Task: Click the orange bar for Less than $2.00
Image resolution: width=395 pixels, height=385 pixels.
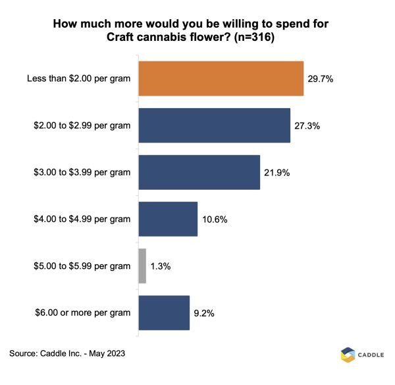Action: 221,79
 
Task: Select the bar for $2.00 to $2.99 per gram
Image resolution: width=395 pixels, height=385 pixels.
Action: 214,125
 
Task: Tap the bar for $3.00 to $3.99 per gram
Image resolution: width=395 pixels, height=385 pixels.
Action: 199,172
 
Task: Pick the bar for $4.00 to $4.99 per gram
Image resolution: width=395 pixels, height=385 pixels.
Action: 168,219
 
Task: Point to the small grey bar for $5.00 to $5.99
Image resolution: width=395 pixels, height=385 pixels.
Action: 142,266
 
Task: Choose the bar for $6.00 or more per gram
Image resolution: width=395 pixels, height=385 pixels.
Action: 164,312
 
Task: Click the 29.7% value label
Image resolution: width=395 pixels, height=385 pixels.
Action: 320,79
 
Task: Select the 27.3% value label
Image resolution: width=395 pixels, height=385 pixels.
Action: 307,125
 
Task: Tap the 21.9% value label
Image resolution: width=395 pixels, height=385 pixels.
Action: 276,172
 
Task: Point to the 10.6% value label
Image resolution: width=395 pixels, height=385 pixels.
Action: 214,219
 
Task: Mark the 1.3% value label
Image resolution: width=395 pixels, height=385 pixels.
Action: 160,266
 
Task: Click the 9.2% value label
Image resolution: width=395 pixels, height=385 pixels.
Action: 204,312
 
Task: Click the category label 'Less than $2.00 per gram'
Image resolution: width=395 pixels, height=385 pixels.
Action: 78,79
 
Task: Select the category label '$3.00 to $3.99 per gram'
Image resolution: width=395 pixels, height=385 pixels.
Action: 81,172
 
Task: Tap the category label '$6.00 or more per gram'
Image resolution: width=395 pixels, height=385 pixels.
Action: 82,312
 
